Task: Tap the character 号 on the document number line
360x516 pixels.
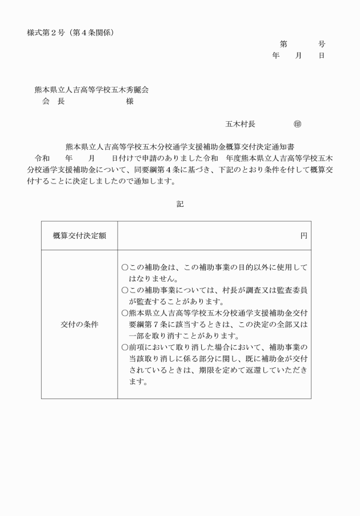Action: (x=322, y=44)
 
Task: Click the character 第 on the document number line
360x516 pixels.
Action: (x=283, y=44)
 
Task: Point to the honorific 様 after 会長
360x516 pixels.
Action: (x=130, y=101)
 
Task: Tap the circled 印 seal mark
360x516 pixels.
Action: (x=297, y=123)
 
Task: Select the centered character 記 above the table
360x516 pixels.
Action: (x=180, y=203)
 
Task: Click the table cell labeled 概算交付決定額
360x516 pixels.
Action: (x=79, y=235)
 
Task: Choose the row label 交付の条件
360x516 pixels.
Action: (x=79, y=324)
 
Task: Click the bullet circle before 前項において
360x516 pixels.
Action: (x=125, y=347)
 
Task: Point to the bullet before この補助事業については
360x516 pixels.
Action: (x=125, y=290)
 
